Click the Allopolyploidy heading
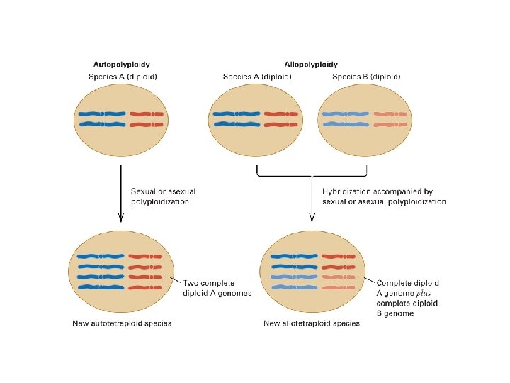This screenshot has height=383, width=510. (311, 65)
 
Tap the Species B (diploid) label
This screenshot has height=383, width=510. (366, 77)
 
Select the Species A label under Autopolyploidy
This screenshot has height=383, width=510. (123, 77)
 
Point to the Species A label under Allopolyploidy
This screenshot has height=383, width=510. (256, 77)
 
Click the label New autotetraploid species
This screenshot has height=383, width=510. (122, 323)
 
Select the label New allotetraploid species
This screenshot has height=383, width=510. (312, 323)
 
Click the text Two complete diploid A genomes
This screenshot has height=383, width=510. (217, 288)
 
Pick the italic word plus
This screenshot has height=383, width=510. (423, 293)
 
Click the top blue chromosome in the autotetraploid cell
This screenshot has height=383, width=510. (102, 256)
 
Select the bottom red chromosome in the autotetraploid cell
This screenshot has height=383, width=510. (147, 287)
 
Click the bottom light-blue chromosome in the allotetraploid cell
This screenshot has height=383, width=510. (293, 287)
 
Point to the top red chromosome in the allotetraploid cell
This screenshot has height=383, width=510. (337, 256)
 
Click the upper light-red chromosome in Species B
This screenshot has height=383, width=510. (390, 113)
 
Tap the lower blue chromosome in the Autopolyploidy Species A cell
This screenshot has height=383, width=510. (102, 124)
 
